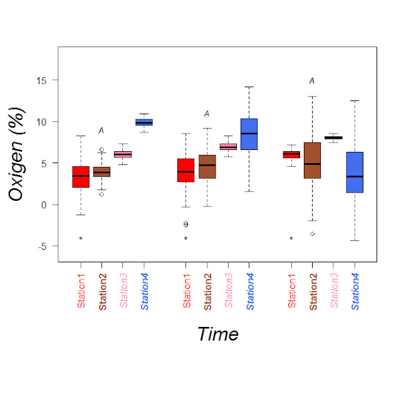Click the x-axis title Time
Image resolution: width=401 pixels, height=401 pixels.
point(217,334)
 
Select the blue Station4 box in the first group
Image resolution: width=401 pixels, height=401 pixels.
point(144,122)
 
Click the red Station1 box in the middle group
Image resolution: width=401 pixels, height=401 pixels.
point(185,170)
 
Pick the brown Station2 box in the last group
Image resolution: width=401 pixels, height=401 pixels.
point(312,160)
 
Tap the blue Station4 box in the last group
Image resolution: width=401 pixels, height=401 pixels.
point(355,172)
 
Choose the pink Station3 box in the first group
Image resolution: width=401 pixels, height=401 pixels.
point(123,154)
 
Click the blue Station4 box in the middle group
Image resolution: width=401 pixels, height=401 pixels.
point(249,134)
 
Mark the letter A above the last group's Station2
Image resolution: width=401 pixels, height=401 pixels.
point(311,81)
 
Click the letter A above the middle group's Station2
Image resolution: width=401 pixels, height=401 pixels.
point(206,114)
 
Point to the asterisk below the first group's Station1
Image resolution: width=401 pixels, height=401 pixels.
point(81,238)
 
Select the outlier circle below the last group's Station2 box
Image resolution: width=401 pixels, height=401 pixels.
point(312,234)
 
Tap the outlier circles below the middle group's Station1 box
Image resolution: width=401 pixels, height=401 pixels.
point(185,224)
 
